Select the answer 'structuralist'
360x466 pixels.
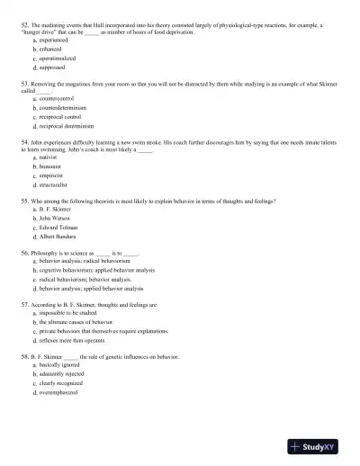[53, 184]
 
